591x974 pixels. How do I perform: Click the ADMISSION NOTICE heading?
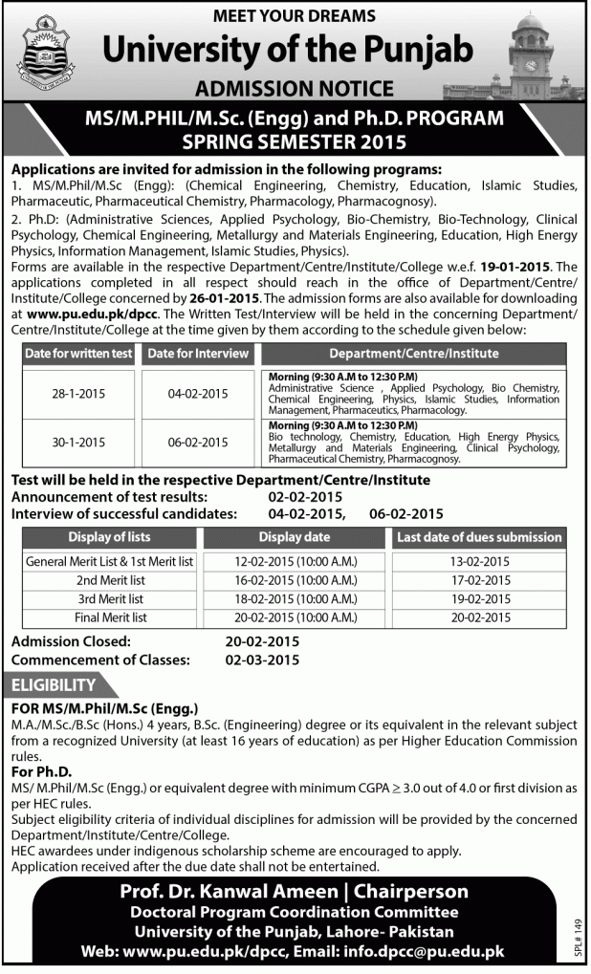point(295,89)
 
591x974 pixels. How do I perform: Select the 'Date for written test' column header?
point(78,354)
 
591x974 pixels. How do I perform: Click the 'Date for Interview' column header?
point(198,354)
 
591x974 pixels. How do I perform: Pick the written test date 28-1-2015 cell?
point(78,393)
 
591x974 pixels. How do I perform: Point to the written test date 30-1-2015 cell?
point(78,442)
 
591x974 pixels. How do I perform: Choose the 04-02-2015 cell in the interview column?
point(198,393)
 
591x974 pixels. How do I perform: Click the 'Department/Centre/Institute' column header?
point(413,354)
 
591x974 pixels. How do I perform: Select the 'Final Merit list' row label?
point(111,617)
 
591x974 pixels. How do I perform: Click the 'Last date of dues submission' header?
point(478,537)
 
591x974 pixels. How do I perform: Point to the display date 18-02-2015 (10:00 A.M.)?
point(294,598)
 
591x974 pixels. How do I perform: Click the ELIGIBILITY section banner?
point(54,685)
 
